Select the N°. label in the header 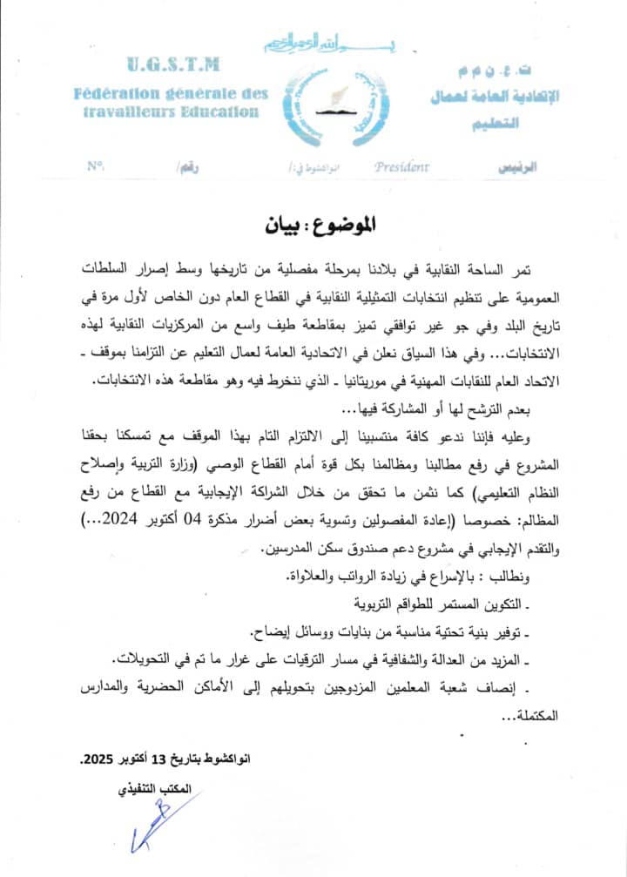tap(96, 165)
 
